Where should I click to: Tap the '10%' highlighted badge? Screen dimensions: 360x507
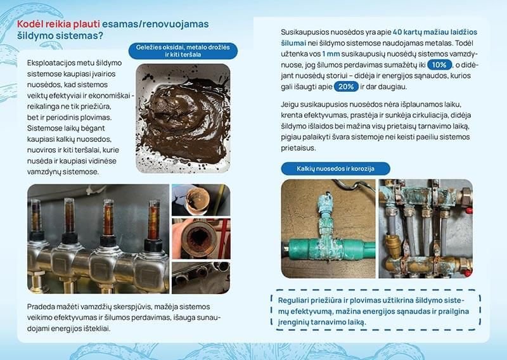(439, 65)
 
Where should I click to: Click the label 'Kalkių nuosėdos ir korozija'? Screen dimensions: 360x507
(335, 169)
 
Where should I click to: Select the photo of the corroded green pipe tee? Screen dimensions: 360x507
(327, 229)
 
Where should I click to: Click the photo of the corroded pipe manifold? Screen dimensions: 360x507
(425, 229)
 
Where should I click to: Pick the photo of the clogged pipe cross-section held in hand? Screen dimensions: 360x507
(200, 238)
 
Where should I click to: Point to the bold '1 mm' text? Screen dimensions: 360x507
(331, 54)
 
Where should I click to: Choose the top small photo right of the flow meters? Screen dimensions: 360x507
(200, 200)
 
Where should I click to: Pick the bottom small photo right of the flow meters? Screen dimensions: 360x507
(200, 277)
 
